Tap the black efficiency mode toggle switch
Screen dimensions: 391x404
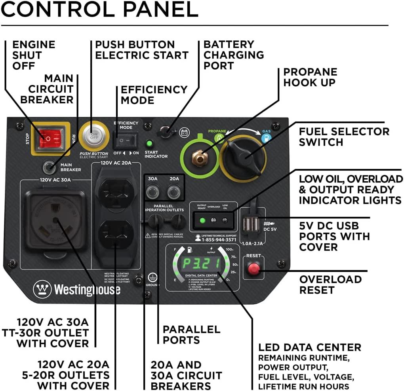point(126,140)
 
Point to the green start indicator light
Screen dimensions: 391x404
point(150,144)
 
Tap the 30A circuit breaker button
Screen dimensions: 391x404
point(152,193)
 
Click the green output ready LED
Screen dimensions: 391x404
point(202,220)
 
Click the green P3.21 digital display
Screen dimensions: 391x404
point(202,263)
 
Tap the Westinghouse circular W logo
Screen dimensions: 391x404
point(42,289)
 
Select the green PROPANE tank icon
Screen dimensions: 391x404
point(219,138)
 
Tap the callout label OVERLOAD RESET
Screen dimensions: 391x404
point(330,285)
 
